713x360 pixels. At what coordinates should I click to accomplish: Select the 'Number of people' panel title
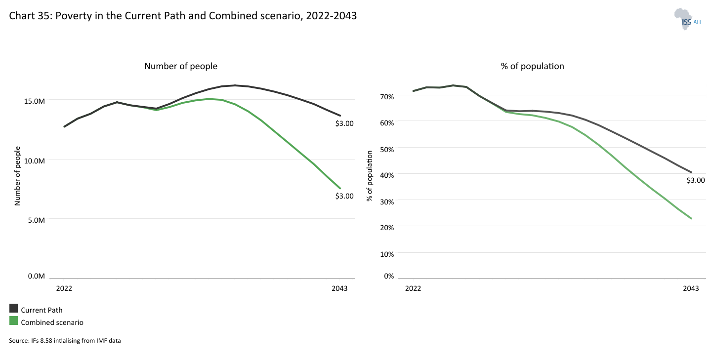click(180, 66)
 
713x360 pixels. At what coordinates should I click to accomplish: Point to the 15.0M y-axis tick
click(35, 101)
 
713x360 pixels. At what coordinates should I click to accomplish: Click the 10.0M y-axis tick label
click(35, 160)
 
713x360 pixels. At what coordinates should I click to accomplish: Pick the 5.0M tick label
click(37, 220)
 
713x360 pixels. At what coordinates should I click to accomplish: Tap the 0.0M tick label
click(37, 276)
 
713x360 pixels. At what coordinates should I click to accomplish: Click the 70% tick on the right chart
click(387, 96)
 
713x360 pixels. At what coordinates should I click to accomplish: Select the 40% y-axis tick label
click(387, 175)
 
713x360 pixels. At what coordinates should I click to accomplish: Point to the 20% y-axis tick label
click(387, 228)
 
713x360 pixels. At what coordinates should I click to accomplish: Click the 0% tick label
click(389, 276)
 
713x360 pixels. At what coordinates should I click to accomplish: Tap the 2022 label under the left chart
click(64, 288)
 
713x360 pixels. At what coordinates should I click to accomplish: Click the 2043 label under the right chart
click(691, 288)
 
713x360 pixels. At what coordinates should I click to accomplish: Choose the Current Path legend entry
click(42, 310)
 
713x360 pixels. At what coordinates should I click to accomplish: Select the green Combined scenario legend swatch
click(14, 321)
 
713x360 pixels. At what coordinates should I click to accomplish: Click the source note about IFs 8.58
click(65, 340)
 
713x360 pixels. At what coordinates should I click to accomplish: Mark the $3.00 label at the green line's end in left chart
click(344, 196)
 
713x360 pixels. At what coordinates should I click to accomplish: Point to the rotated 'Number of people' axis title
click(17, 175)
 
